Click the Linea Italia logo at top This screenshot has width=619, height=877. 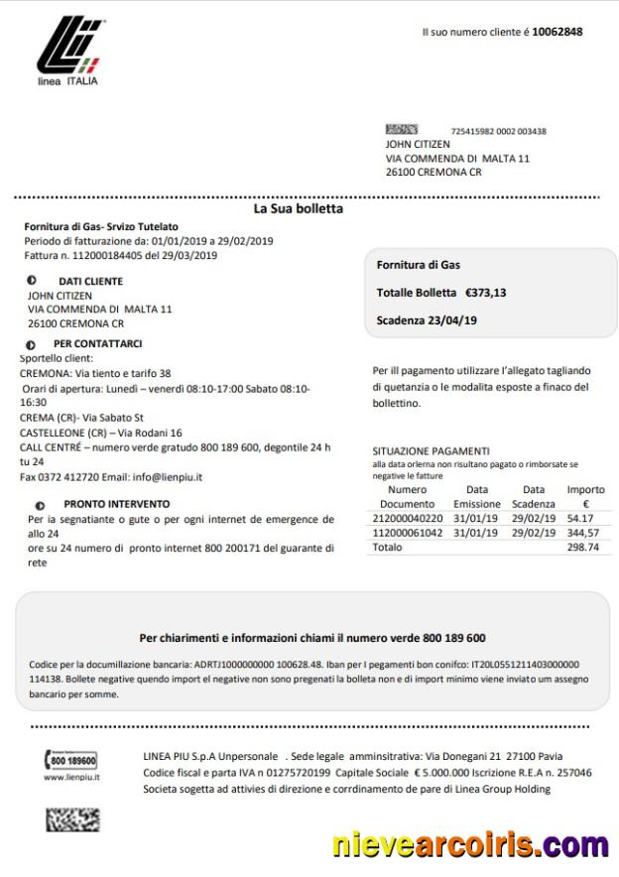(67, 51)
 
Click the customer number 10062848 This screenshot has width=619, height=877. (557, 32)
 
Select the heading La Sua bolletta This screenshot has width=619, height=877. (299, 209)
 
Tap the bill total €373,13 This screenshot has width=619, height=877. (486, 293)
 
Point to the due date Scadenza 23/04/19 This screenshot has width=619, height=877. (427, 320)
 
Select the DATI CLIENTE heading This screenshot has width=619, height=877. (90, 282)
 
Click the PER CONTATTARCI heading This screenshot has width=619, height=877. (97, 343)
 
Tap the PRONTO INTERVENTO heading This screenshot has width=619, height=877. (116, 504)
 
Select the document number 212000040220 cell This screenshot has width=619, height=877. (408, 518)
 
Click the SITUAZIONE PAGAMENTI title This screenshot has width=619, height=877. (431, 450)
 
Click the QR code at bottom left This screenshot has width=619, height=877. (72, 819)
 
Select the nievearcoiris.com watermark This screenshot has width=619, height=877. (470, 845)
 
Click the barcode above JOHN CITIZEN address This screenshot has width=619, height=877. (401, 130)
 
